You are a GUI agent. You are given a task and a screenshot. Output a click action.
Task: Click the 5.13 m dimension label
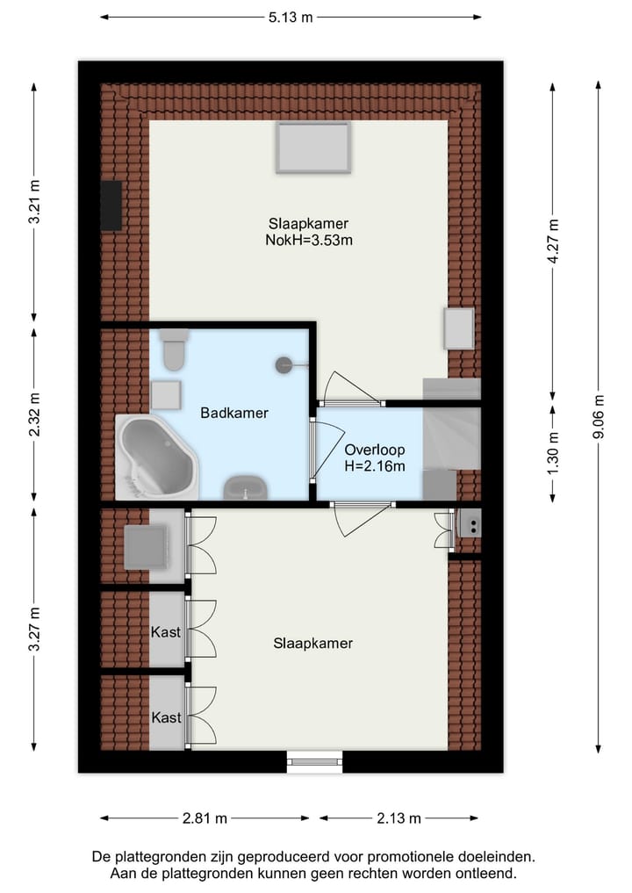pyautogui.click(x=291, y=17)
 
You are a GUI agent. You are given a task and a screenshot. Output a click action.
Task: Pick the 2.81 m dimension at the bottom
pyautogui.click(x=205, y=818)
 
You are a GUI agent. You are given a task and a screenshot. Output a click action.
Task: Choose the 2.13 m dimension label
pyautogui.click(x=399, y=818)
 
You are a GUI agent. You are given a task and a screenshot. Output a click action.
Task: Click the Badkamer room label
pyautogui.click(x=233, y=413)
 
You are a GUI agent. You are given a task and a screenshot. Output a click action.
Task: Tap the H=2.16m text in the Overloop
pyautogui.click(x=375, y=466)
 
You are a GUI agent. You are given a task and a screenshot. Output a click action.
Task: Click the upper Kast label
pyautogui.click(x=166, y=632)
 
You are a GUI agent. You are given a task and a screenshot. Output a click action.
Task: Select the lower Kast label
pyautogui.click(x=166, y=717)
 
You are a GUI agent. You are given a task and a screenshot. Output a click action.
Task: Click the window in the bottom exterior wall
pyautogui.click(x=314, y=761)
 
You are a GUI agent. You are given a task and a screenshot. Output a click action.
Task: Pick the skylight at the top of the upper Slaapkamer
pyautogui.click(x=313, y=147)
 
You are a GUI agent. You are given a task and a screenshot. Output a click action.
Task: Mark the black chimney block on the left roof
pyautogui.click(x=111, y=205)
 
